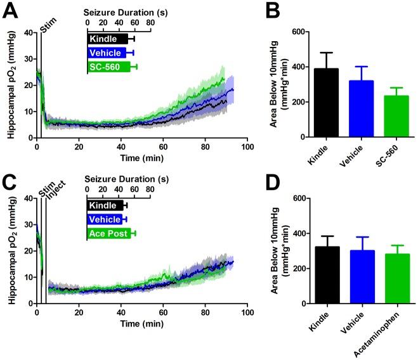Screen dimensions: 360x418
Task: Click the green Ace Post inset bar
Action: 108,234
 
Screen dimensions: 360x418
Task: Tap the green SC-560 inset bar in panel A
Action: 108,67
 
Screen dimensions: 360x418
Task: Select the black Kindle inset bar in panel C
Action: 105,205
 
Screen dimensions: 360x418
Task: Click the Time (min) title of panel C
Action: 141,324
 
